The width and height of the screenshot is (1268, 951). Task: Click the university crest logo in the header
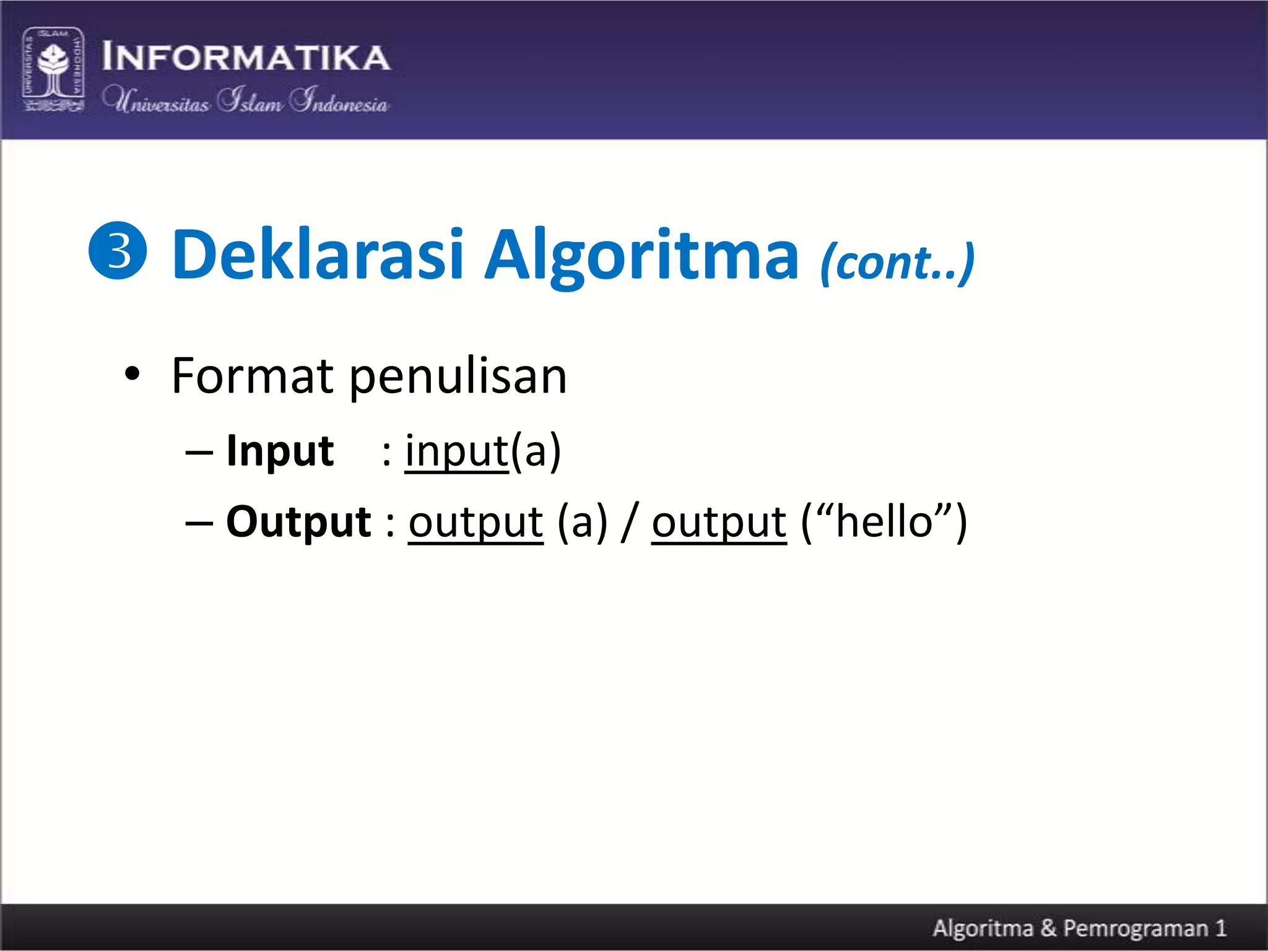(x=53, y=69)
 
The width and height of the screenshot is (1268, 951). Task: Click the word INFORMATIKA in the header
(x=246, y=57)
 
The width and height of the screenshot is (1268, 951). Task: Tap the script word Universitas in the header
(x=156, y=100)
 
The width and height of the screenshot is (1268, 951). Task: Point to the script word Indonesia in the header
(x=339, y=100)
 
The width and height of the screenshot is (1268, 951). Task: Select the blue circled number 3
(x=118, y=251)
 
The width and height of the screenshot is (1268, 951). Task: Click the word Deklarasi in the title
(x=318, y=254)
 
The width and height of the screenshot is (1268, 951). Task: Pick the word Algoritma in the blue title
(x=641, y=256)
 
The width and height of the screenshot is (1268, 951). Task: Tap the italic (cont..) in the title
(x=897, y=263)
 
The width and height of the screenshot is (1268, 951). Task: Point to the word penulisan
(x=458, y=377)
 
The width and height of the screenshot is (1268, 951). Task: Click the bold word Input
(x=280, y=451)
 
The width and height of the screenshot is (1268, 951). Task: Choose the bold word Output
(x=298, y=522)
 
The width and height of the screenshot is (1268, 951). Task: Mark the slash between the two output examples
(x=630, y=522)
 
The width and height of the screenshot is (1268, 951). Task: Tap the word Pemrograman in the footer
(x=1136, y=928)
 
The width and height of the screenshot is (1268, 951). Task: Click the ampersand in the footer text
(x=1048, y=928)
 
